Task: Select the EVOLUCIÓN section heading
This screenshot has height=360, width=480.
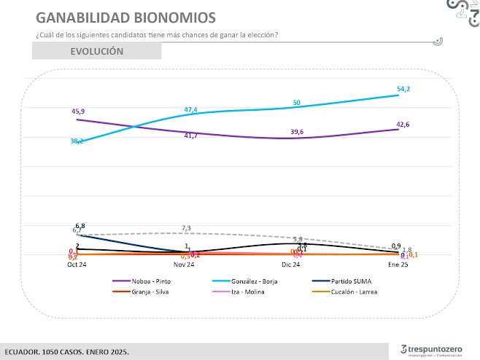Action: point(96,51)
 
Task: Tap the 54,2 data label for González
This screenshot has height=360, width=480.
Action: point(403,89)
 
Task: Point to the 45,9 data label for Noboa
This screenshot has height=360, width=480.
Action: point(77,110)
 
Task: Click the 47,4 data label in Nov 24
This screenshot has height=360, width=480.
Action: point(190,110)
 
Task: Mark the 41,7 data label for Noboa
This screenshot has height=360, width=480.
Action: point(190,136)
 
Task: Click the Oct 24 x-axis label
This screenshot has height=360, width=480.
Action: point(77,265)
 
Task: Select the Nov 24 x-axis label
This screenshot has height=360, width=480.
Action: point(185,265)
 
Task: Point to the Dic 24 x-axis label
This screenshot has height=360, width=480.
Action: point(292,265)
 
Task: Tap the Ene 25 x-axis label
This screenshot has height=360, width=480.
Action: point(398,265)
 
